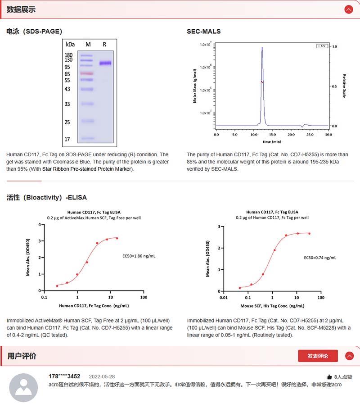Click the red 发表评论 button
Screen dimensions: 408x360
coord(318,356)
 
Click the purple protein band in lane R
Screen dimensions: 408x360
coord(105,63)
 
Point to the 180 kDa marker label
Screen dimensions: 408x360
coord(68,55)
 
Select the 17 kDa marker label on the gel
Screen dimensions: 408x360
coord(67,139)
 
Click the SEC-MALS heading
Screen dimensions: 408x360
coord(203,32)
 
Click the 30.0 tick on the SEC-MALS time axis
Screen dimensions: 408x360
coord(328,135)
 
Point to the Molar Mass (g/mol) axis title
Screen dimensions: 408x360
coord(195,86)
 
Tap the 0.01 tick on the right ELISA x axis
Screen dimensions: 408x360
coord(223,297)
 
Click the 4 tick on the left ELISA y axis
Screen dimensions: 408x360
coord(40,224)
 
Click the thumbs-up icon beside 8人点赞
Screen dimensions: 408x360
coord(329,377)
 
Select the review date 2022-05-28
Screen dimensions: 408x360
coord(102,376)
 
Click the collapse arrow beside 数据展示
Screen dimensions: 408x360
coord(348,9)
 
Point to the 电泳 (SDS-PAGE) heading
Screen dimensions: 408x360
coord(34,32)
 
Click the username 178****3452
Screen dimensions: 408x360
coord(64,376)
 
